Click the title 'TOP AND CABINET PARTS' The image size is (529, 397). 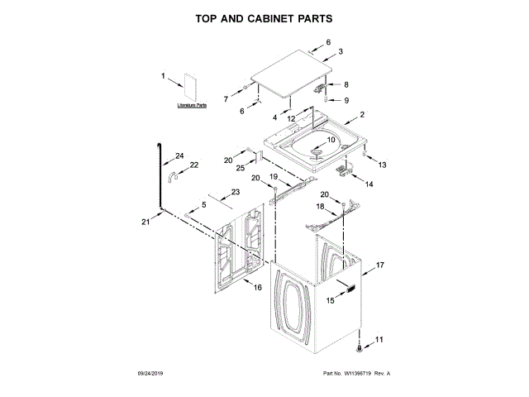(264, 17)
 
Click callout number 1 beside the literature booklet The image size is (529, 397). (164, 77)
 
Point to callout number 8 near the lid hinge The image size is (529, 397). (346, 84)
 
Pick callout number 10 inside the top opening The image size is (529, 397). (331, 140)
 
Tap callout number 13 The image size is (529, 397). (382, 165)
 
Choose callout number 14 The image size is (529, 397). (369, 184)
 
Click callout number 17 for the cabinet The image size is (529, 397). (381, 265)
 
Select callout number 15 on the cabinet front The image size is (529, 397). (330, 301)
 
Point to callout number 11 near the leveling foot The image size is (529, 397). (379, 340)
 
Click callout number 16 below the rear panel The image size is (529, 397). (257, 288)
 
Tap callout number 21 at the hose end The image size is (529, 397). (146, 222)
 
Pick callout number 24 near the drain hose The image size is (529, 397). (179, 155)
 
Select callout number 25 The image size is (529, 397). (241, 168)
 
